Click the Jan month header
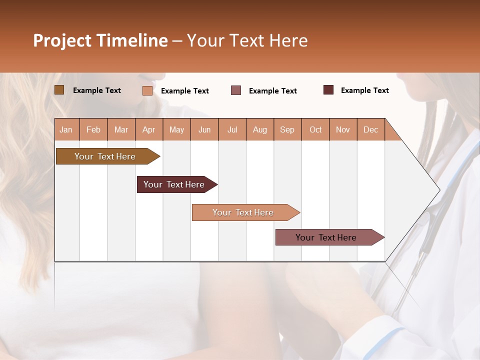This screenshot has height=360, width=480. coord(66,129)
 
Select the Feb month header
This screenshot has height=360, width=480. coord(93,129)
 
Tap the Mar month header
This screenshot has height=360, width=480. coord(121,129)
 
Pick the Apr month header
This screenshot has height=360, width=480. coord(148,129)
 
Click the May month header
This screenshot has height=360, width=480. coord(176,129)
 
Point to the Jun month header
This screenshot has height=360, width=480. coord(204,129)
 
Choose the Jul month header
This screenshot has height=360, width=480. coord(232,129)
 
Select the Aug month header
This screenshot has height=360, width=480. coord(259,129)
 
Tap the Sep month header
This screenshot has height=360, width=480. coord(287,129)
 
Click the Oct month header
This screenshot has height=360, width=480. coord(315,129)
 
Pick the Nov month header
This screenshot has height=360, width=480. coord(343,129)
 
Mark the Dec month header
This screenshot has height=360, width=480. coord(370,129)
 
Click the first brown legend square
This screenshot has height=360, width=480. coord(59,90)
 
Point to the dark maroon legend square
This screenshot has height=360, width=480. coord(328,90)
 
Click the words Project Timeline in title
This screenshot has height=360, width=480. coord(100,40)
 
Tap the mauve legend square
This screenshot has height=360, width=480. coord(236,90)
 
